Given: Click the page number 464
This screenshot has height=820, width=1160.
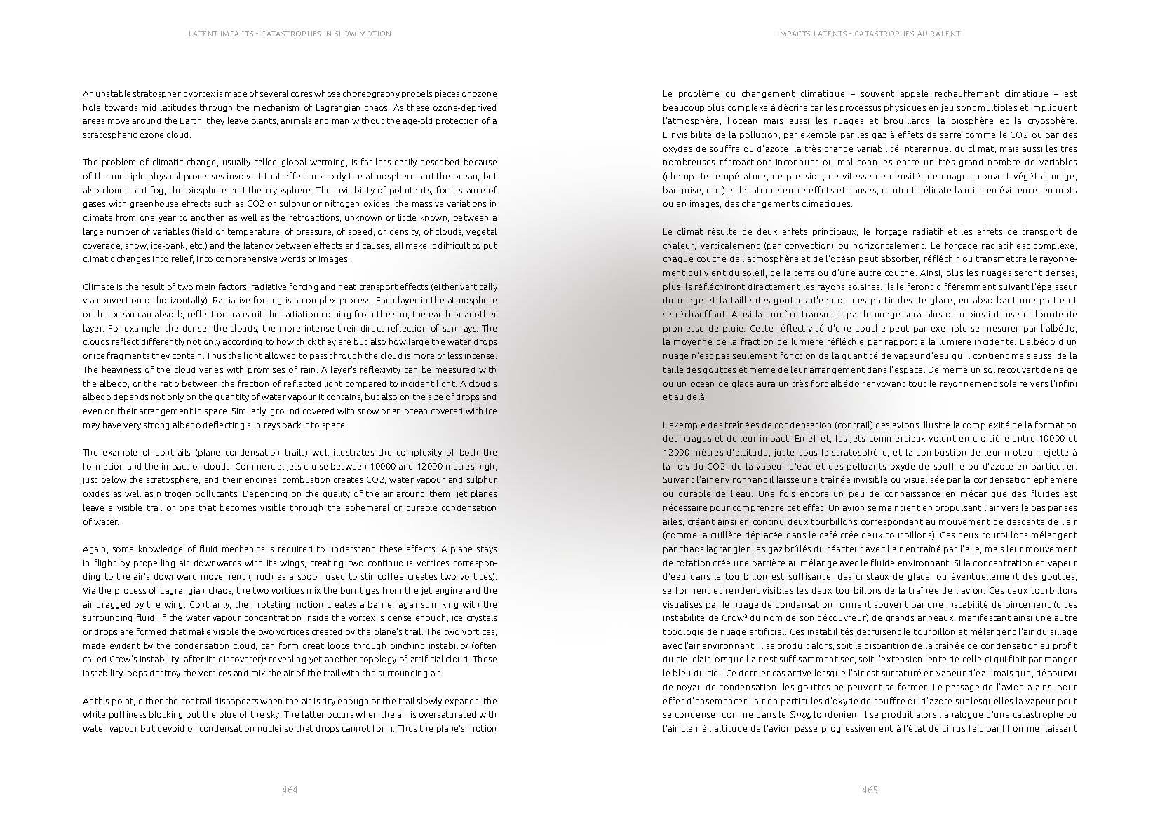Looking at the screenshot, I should [x=290, y=790].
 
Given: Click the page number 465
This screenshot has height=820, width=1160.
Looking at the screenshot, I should [x=870, y=790].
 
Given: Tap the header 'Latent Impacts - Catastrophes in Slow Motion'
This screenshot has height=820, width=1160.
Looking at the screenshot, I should [x=289, y=34].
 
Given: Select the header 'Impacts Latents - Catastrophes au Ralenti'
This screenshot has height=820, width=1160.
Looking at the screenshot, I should [x=870, y=34].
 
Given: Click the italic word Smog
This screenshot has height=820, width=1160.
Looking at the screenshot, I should [x=800, y=715].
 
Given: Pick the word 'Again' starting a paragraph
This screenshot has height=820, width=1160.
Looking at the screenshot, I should [x=95, y=549].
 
